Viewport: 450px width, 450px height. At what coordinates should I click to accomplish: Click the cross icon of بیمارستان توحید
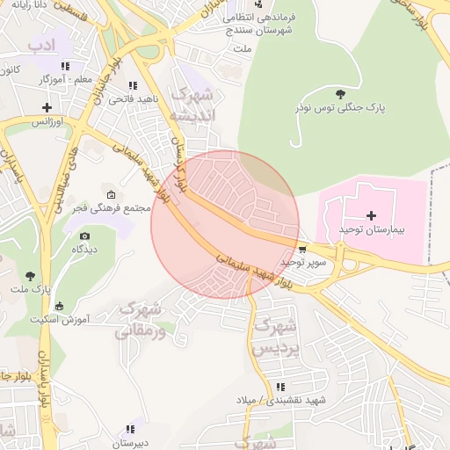(x=371, y=215)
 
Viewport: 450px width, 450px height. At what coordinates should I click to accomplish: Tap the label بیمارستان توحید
(x=371, y=229)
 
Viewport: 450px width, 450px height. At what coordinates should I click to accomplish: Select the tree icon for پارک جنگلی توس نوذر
(x=340, y=94)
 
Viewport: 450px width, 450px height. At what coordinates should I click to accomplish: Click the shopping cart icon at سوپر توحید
(x=303, y=250)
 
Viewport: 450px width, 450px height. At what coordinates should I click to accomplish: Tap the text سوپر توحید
(x=303, y=262)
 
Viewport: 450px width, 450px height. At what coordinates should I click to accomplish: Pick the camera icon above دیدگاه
(x=84, y=236)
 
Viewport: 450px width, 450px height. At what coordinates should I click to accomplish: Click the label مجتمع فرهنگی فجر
(x=115, y=208)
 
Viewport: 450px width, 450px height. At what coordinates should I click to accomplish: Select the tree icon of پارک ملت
(x=32, y=276)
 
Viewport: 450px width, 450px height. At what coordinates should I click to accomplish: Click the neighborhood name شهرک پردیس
(x=272, y=337)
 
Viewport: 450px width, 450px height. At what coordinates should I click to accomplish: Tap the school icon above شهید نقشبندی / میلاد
(x=280, y=387)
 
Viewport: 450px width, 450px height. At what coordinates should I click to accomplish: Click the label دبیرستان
(x=129, y=444)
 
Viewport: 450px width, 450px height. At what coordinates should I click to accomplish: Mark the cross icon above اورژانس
(x=47, y=107)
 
